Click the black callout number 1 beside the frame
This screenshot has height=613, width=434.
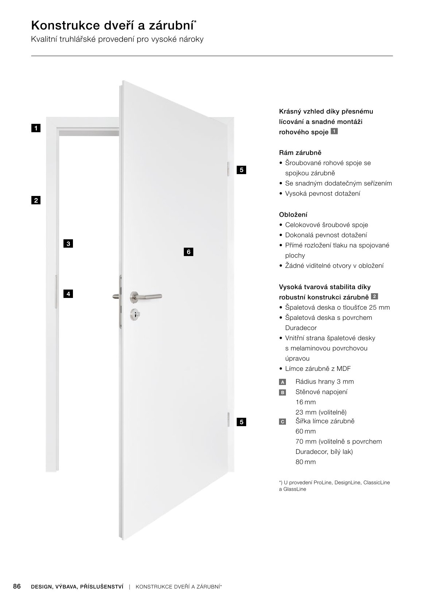point(36,128)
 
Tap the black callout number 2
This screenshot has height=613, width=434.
point(36,200)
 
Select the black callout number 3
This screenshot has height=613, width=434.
point(68,244)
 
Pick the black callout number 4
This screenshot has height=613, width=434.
point(68,294)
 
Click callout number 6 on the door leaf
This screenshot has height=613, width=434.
point(189,252)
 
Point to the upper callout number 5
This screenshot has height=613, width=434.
point(241,170)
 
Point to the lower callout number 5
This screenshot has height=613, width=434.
point(241,422)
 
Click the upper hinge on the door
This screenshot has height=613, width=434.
point(228,169)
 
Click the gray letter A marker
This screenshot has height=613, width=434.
point(282,382)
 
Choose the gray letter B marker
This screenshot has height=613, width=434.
point(282,392)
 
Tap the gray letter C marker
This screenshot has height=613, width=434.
point(282,422)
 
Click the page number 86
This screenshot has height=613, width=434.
point(17,586)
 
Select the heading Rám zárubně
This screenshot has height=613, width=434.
point(300,153)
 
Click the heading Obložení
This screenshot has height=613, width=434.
point(293,215)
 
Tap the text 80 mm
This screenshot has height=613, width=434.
point(306,462)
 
